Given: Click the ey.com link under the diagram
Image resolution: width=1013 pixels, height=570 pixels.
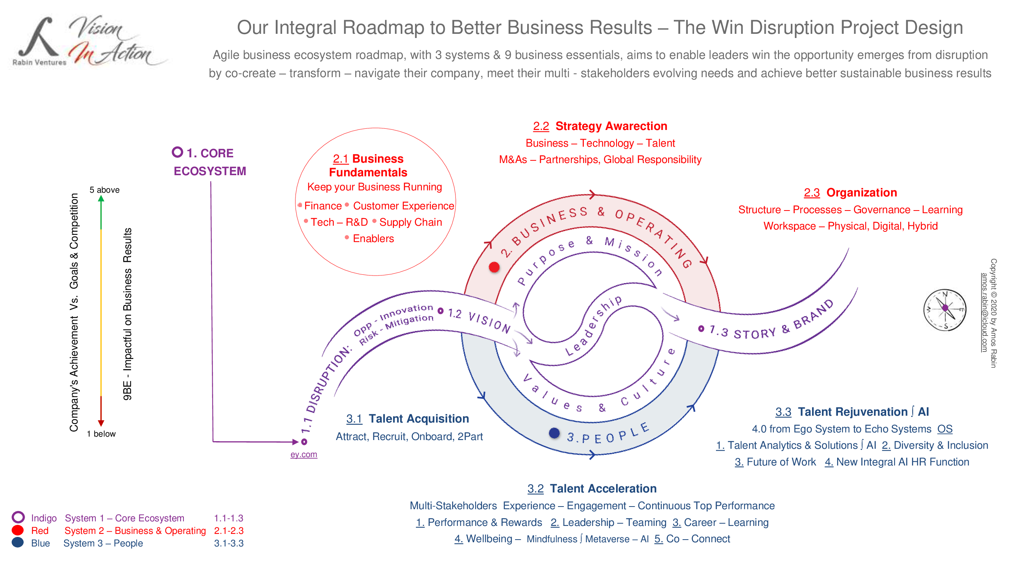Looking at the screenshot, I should pos(303,454).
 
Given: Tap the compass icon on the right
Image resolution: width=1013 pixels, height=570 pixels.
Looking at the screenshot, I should pos(945,310).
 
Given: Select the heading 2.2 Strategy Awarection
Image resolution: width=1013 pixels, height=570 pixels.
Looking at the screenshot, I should pos(600,126).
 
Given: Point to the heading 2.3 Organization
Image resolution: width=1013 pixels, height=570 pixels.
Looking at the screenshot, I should pos(850,193).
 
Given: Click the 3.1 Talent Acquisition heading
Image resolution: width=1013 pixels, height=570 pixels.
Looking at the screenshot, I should pos(408,418).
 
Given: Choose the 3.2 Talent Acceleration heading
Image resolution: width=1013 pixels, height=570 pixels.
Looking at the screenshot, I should pos(592,489).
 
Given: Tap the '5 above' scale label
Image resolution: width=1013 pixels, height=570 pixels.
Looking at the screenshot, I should pos(104,190).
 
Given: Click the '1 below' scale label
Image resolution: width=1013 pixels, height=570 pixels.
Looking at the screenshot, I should pos(101,434).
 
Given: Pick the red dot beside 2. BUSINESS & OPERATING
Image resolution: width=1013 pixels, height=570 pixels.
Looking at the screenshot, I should pos(494,268).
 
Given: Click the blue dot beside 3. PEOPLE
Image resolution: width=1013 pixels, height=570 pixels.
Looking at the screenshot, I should pos(554,433).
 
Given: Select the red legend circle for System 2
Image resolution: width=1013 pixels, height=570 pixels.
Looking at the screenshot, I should pos(18,530).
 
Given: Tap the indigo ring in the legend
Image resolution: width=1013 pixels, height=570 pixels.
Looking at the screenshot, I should pos(18,517).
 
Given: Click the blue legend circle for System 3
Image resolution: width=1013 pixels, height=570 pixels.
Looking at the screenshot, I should pos(18,543).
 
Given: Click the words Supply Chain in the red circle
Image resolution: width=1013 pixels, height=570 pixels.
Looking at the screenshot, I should pos(411,222).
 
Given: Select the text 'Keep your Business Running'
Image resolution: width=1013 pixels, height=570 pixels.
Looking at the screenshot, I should pos(375,187).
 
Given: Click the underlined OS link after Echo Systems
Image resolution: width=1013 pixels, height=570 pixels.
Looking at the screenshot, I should pos(945,429).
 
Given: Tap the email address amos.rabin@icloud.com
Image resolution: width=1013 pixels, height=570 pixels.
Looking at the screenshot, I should pos(984,313).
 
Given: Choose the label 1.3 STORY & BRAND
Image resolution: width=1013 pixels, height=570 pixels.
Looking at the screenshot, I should pos(771,323).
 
